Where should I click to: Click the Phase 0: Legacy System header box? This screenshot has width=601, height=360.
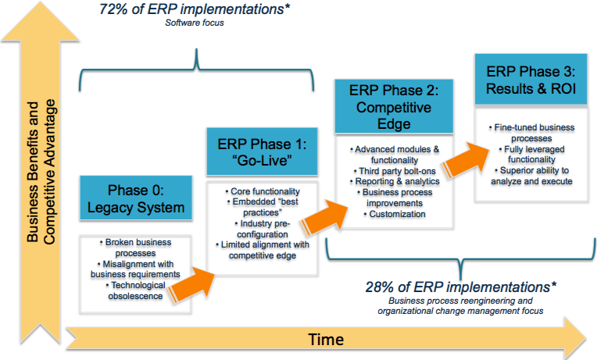click(x=136, y=198)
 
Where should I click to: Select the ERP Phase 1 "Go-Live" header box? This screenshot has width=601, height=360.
click(x=262, y=151)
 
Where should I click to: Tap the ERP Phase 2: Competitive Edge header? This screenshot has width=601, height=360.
click(x=394, y=106)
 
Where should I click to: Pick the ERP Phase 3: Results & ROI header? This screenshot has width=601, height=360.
click(x=531, y=80)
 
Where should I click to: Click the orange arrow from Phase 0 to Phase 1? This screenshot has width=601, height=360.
click(x=191, y=284)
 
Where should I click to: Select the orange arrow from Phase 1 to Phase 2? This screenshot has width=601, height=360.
click(x=324, y=217)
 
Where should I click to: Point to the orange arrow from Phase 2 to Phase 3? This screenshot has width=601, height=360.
click(x=465, y=159)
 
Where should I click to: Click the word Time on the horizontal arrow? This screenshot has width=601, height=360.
click(x=326, y=340)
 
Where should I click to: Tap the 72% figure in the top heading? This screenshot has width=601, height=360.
click(x=113, y=9)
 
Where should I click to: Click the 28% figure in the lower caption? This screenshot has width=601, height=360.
click(x=380, y=287)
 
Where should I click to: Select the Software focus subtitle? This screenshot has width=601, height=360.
click(x=195, y=23)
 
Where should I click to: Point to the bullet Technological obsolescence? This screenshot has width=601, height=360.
click(x=136, y=290)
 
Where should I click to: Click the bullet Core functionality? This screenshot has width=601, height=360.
click(x=263, y=191)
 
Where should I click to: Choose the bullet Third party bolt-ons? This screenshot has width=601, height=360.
click(x=395, y=171)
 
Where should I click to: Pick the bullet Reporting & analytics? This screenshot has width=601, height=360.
click(x=395, y=181)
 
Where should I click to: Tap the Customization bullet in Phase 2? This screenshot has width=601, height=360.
click(x=395, y=214)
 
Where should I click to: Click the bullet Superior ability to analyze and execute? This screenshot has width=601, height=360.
click(x=531, y=176)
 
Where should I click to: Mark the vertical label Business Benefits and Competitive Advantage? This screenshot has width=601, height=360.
click(x=41, y=172)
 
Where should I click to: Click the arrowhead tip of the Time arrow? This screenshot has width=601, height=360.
click(x=586, y=338)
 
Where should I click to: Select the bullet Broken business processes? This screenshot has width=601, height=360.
click(x=136, y=248)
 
